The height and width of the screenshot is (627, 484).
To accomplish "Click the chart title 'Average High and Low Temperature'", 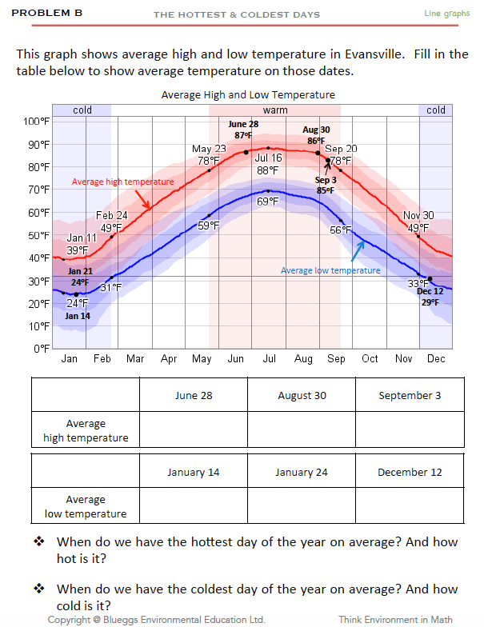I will pyautogui.click(x=248, y=94).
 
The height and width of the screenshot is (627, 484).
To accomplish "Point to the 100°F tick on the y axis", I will pyautogui.click(x=37, y=122).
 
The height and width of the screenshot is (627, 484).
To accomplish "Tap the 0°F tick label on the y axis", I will pyautogui.click(x=41, y=349).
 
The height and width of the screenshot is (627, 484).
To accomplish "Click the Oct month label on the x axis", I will pyautogui.click(x=370, y=359).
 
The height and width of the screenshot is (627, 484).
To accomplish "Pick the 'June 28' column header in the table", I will pyautogui.click(x=194, y=395).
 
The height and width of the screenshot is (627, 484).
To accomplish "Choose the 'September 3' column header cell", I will pyautogui.click(x=410, y=395).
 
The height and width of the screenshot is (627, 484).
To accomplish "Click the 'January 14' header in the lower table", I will pyautogui.click(x=194, y=472).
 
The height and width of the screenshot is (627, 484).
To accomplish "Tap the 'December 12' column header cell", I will pyautogui.click(x=410, y=472).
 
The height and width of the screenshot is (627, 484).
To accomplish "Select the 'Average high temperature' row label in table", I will pyautogui.click(x=86, y=430).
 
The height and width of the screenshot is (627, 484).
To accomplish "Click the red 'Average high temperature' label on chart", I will pyautogui.click(x=122, y=182).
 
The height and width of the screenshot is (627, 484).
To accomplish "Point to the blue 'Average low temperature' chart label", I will pyautogui.click(x=330, y=270).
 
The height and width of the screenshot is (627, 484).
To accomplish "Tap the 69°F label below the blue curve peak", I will pyautogui.click(x=267, y=201).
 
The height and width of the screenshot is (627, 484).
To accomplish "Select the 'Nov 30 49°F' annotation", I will pyautogui.click(x=418, y=222).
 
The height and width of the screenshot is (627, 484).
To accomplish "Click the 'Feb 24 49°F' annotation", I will pyautogui.click(x=112, y=222).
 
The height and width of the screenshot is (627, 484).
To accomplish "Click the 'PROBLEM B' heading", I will pyautogui.click(x=47, y=14).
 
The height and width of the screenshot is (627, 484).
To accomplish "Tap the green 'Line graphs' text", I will pyautogui.click(x=446, y=14).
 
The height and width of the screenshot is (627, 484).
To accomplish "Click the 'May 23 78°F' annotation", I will pyautogui.click(x=209, y=154).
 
